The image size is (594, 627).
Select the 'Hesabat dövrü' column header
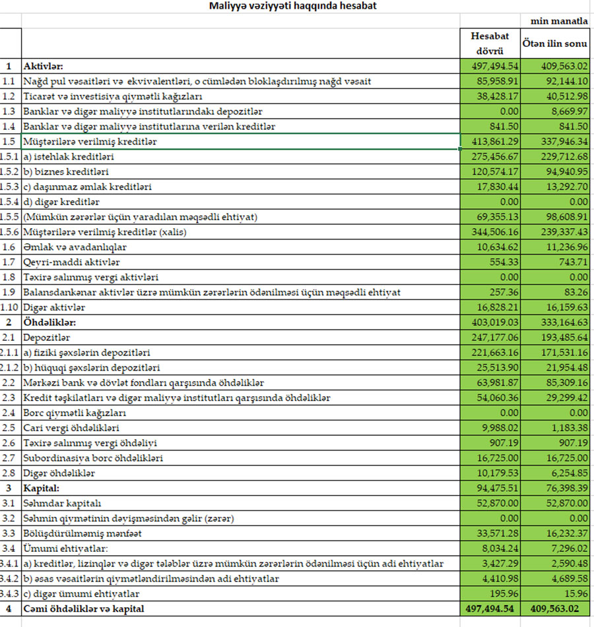(490, 43)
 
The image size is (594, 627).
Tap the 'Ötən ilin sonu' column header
(555, 43)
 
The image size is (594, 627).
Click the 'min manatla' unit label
(563, 21)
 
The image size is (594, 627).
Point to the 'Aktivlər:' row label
(44, 66)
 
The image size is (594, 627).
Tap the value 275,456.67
(494, 157)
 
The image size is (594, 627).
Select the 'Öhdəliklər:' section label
(49, 322)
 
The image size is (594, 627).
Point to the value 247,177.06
(494, 338)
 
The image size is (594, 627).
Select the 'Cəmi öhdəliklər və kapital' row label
(84, 609)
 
